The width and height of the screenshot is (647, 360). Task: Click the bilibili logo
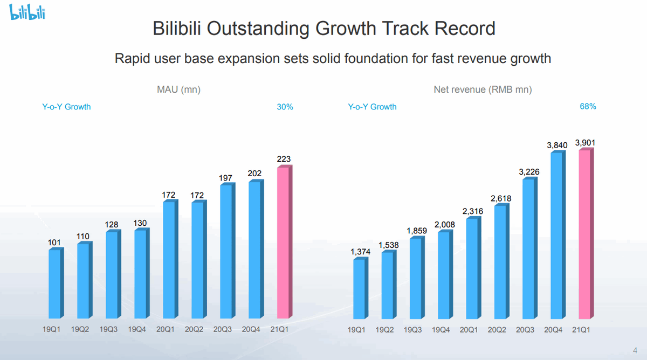point(27,11)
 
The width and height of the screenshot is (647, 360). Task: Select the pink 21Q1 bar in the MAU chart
point(284,243)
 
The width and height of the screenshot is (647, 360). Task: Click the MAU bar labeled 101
point(55,283)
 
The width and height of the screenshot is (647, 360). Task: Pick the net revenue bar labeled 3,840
point(556,235)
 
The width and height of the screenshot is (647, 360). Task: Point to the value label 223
point(285,159)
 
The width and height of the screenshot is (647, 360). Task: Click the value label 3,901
point(586,143)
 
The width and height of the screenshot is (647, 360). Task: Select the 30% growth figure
point(285,107)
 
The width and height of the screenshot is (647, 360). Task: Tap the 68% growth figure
point(588,107)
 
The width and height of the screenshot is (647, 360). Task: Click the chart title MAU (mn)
point(175,90)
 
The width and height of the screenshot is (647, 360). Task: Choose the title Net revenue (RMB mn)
point(483,90)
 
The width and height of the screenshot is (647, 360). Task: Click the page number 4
point(634,347)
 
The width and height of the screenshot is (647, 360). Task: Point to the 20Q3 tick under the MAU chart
point(224,328)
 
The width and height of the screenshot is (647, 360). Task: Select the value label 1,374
point(360,252)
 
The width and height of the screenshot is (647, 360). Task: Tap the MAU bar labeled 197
point(226,251)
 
